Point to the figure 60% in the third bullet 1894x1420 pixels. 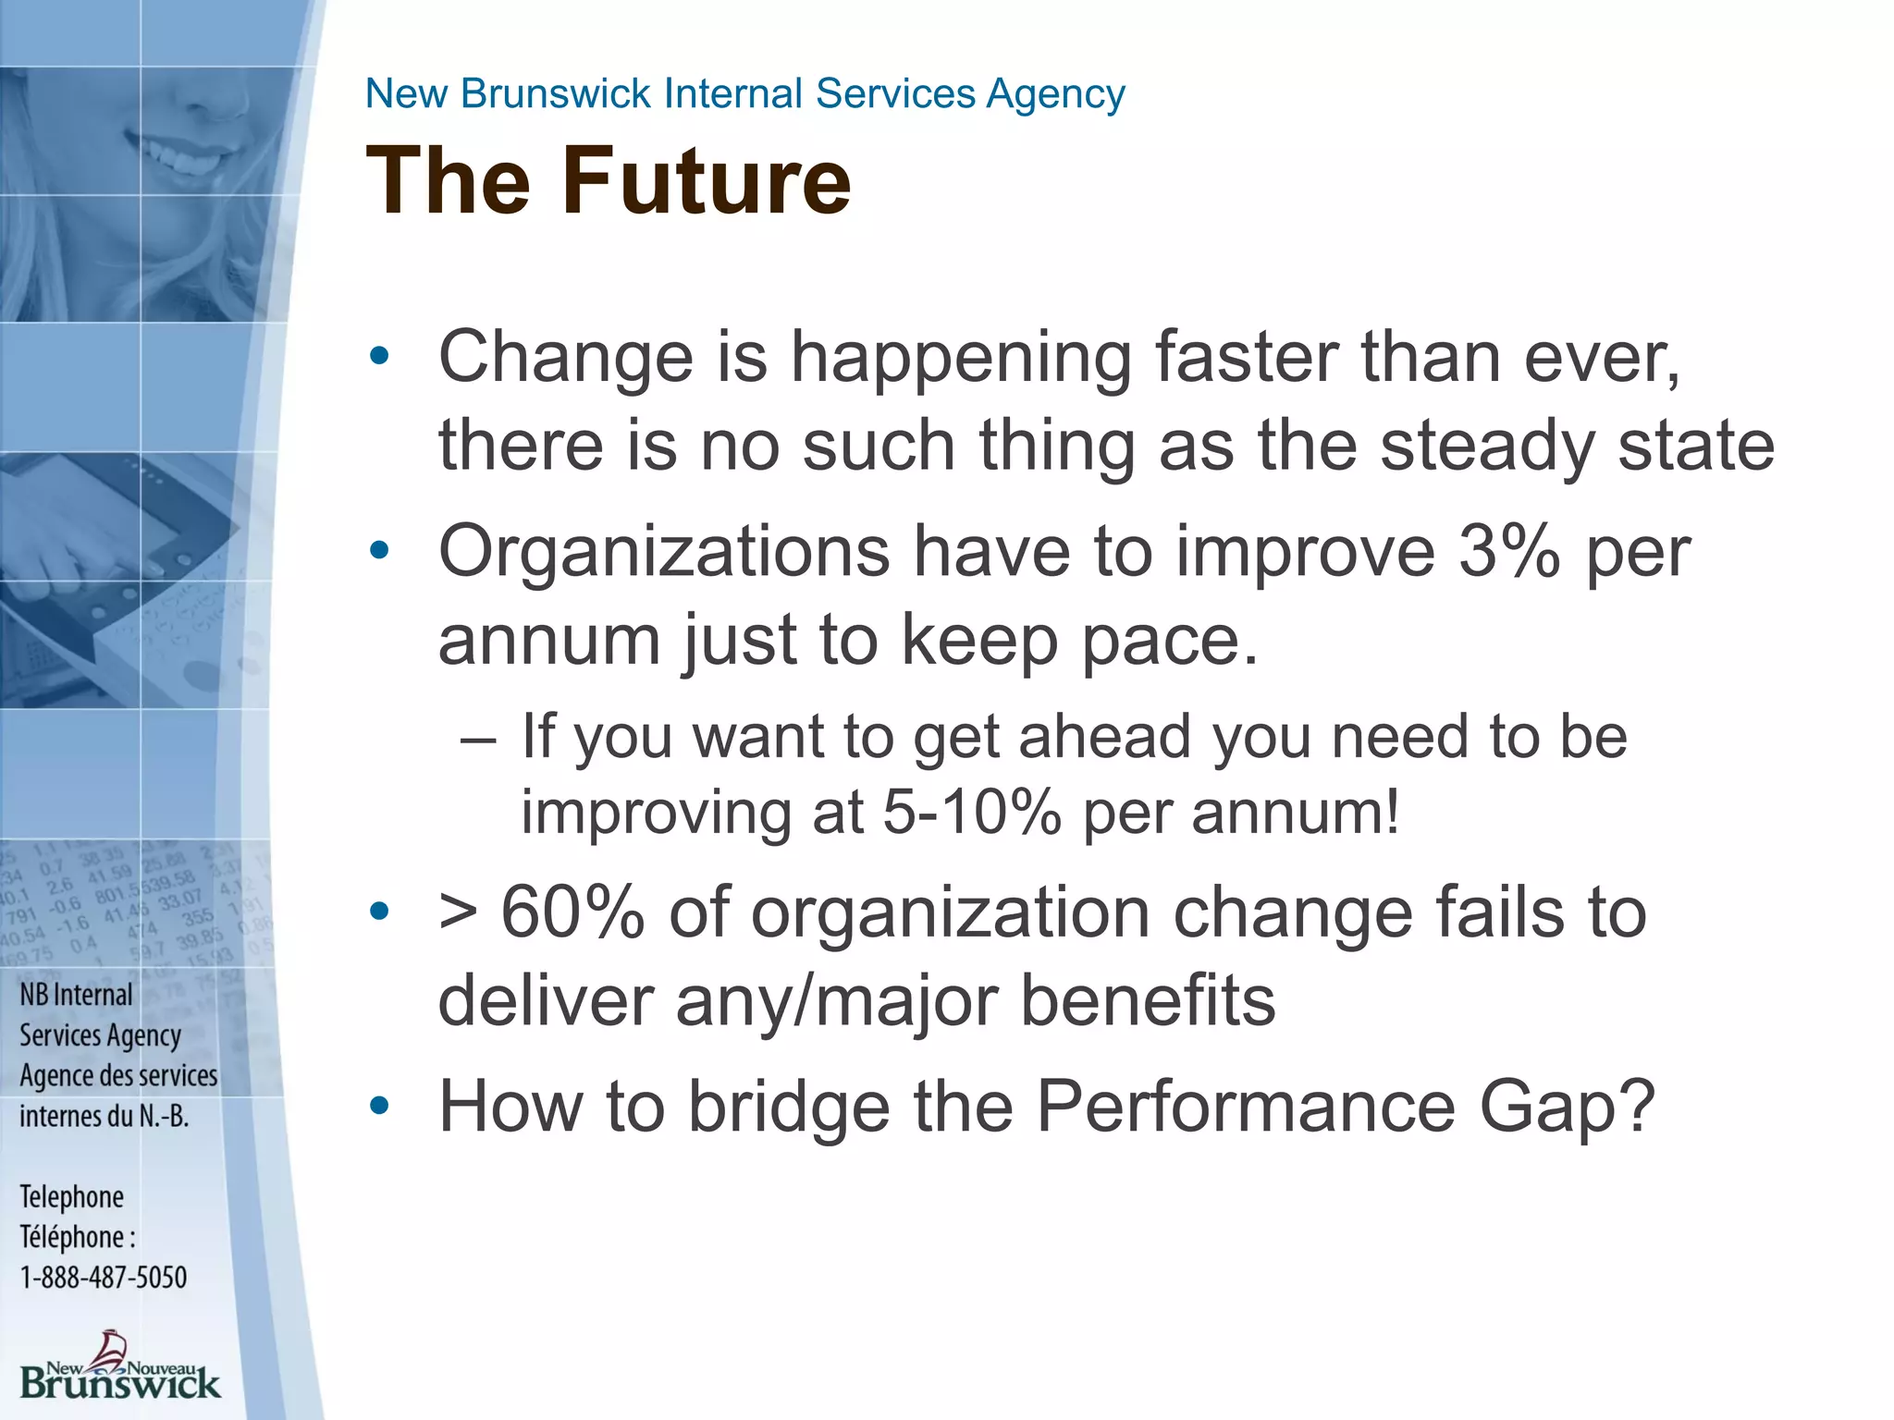(572, 913)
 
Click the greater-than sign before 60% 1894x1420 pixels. (459, 913)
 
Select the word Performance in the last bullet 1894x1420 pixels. (1246, 1106)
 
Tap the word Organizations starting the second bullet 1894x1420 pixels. (664, 552)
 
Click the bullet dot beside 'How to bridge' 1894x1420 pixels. (379, 1105)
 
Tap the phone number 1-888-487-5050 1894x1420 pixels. (104, 1278)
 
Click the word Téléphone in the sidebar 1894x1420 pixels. (72, 1237)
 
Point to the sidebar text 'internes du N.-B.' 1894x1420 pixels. (105, 1116)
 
